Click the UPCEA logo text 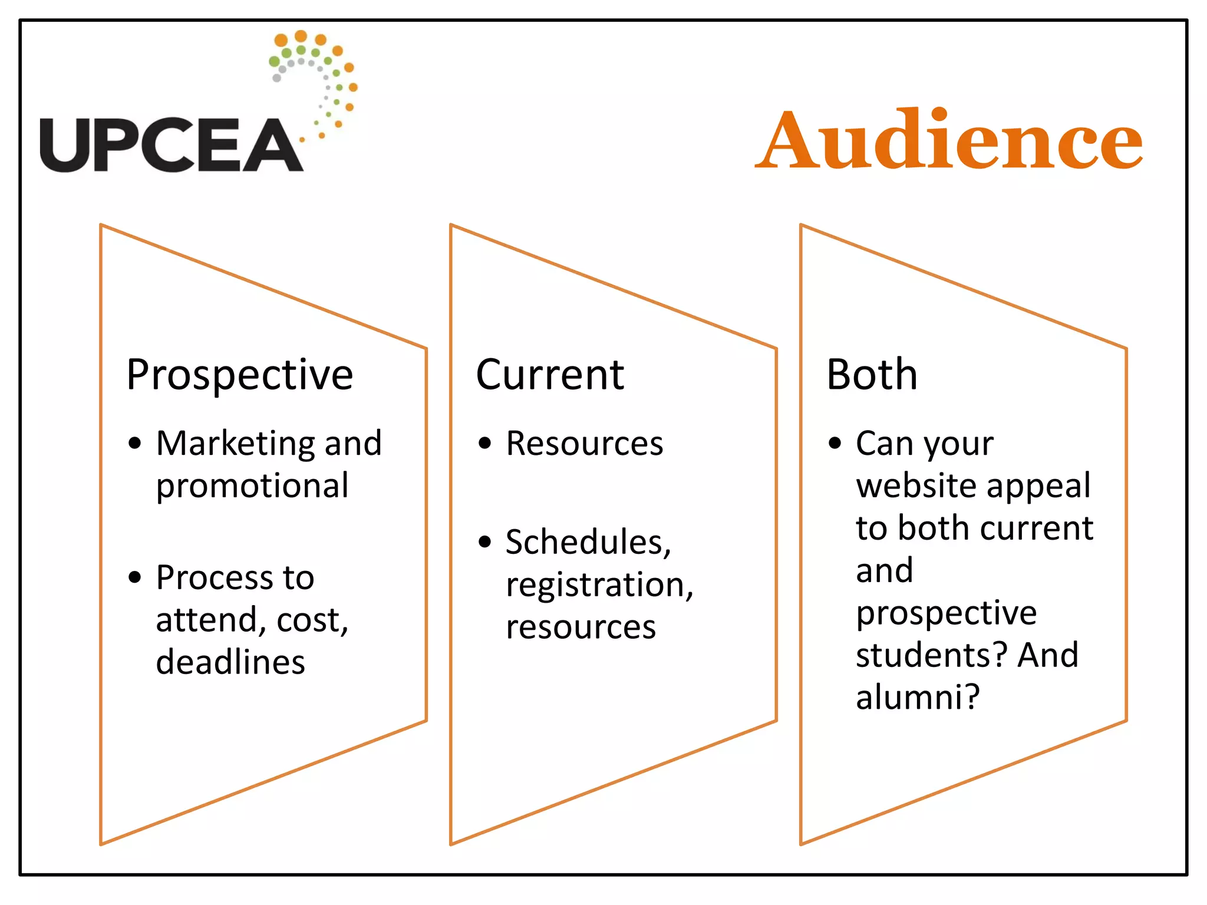click(x=171, y=145)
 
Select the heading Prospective click(x=239, y=375)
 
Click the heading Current click(x=550, y=375)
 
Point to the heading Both click(x=872, y=375)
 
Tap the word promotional click(x=252, y=486)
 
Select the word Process click(x=215, y=577)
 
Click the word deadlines click(x=230, y=662)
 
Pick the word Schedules click(x=588, y=542)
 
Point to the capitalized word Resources click(x=584, y=443)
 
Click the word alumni click(x=917, y=697)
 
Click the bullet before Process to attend click(x=135, y=577)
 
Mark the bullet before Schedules click(x=485, y=541)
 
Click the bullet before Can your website click(x=835, y=442)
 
